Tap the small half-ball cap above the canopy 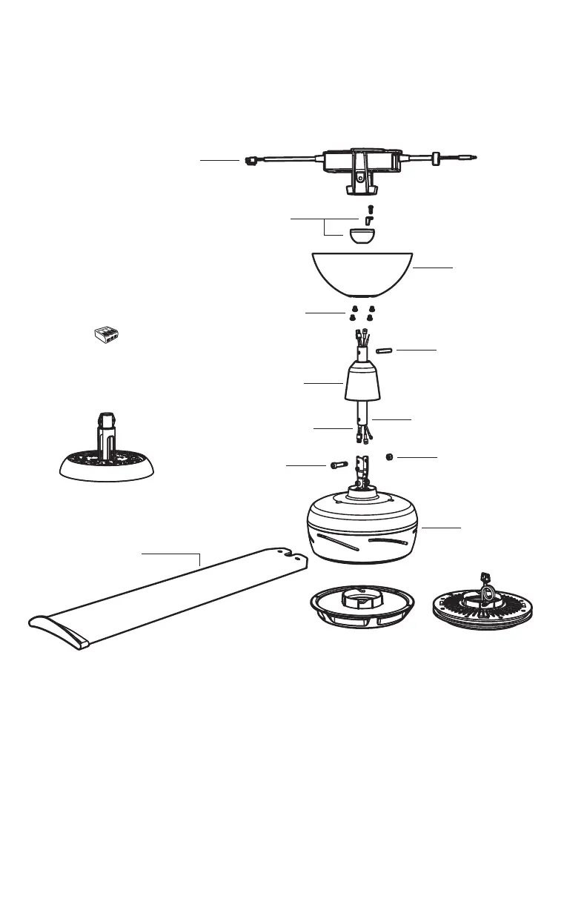[x=362, y=236]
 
